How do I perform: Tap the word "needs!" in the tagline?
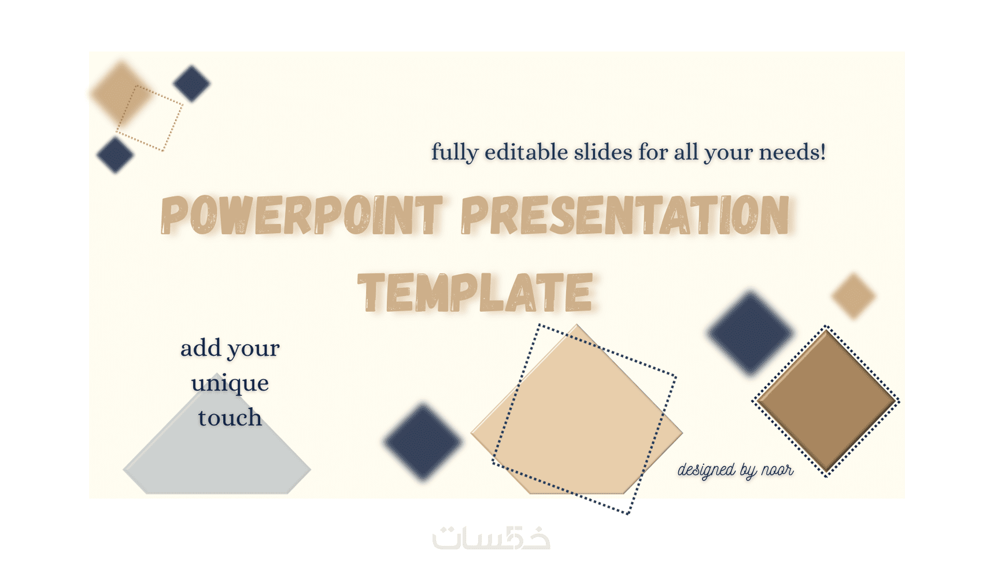(x=793, y=153)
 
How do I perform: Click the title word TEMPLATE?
(x=475, y=292)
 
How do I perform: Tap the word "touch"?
(x=230, y=417)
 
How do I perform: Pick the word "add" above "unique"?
(x=201, y=348)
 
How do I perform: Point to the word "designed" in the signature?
(x=706, y=470)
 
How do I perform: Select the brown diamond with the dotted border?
(x=826, y=401)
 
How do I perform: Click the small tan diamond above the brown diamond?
(x=853, y=296)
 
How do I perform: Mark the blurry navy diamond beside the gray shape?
(x=423, y=441)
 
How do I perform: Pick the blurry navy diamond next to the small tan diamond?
(x=751, y=333)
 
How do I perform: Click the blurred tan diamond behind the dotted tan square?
(x=121, y=93)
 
